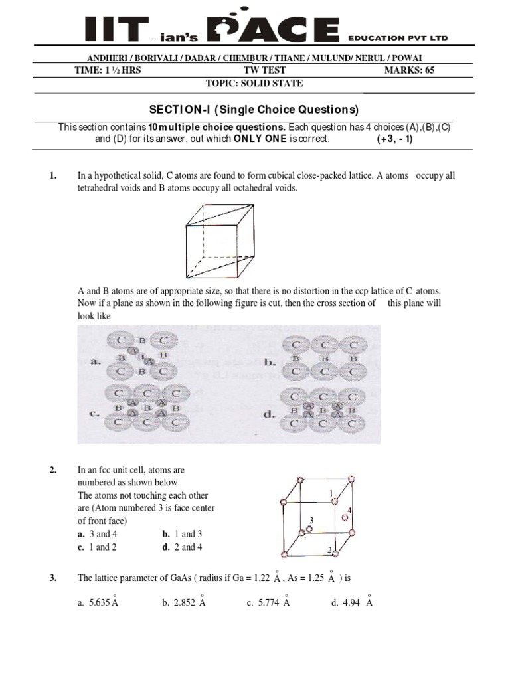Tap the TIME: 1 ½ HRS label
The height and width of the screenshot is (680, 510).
(x=108, y=71)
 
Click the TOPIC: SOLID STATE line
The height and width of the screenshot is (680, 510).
(x=255, y=83)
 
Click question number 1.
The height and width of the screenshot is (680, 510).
(x=54, y=176)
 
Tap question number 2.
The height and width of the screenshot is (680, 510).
(x=54, y=470)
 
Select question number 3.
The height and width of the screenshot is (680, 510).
(x=54, y=578)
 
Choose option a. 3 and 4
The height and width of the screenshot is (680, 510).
(x=98, y=534)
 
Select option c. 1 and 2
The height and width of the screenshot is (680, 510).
(x=98, y=547)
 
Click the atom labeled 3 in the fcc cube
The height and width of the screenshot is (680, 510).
(x=309, y=529)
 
